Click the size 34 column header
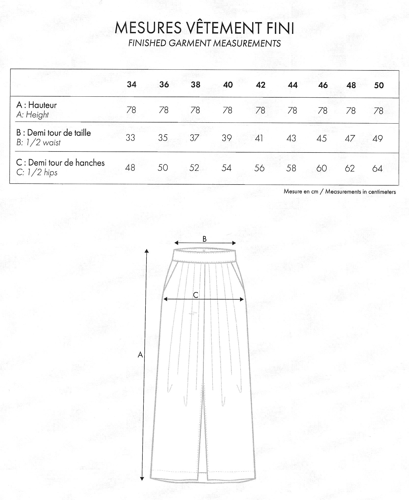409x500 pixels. click(x=132, y=84)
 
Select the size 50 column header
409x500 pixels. click(x=379, y=85)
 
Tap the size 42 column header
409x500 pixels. click(x=260, y=85)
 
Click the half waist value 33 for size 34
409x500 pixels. click(x=130, y=138)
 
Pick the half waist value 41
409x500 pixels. click(x=259, y=138)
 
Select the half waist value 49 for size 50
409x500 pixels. click(x=377, y=139)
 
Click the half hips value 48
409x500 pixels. click(x=130, y=168)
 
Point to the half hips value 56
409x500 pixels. click(x=259, y=168)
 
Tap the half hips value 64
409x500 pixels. click(x=377, y=169)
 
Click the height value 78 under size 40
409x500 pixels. click(x=227, y=110)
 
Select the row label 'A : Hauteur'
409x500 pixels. click(x=36, y=105)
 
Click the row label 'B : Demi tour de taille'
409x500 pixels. click(x=53, y=133)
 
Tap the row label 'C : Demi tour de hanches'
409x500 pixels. click(x=60, y=163)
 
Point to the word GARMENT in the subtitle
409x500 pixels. click(x=190, y=43)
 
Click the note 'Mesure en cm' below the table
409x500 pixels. click(x=301, y=192)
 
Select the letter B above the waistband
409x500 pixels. click(x=205, y=239)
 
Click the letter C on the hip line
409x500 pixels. click(x=195, y=295)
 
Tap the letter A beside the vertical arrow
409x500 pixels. click(x=140, y=355)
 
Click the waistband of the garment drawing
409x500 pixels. click(x=205, y=255)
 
